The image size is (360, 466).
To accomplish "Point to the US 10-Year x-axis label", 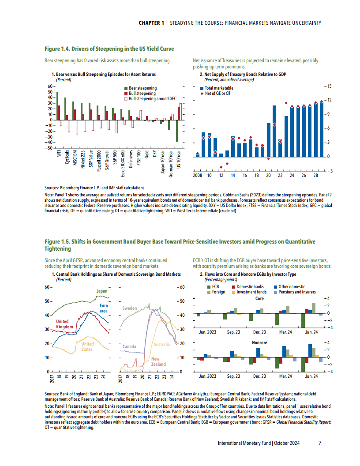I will [178, 160].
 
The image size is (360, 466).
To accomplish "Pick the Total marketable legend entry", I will [219, 88].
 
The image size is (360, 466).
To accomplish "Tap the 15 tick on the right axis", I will [329, 86].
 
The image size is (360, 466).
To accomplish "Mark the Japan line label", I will [102, 291].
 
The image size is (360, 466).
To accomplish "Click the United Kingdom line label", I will [62, 324].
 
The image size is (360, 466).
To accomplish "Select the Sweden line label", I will [130, 308].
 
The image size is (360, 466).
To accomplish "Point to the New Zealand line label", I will [158, 362].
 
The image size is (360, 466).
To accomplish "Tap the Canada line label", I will [129, 346].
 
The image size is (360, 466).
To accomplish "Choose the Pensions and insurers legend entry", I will [296, 292].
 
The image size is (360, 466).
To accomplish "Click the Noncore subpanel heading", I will [259, 342].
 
